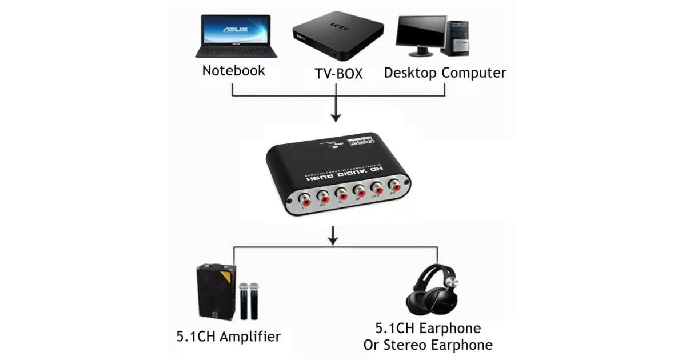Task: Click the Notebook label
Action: pos(233,71)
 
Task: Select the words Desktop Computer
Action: pos(445,73)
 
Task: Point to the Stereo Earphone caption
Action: pos(428,345)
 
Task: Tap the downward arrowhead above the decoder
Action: pos(336,118)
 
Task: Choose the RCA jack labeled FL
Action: pos(305,201)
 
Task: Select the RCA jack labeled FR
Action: pos(324,197)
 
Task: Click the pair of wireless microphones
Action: pos(248,301)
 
